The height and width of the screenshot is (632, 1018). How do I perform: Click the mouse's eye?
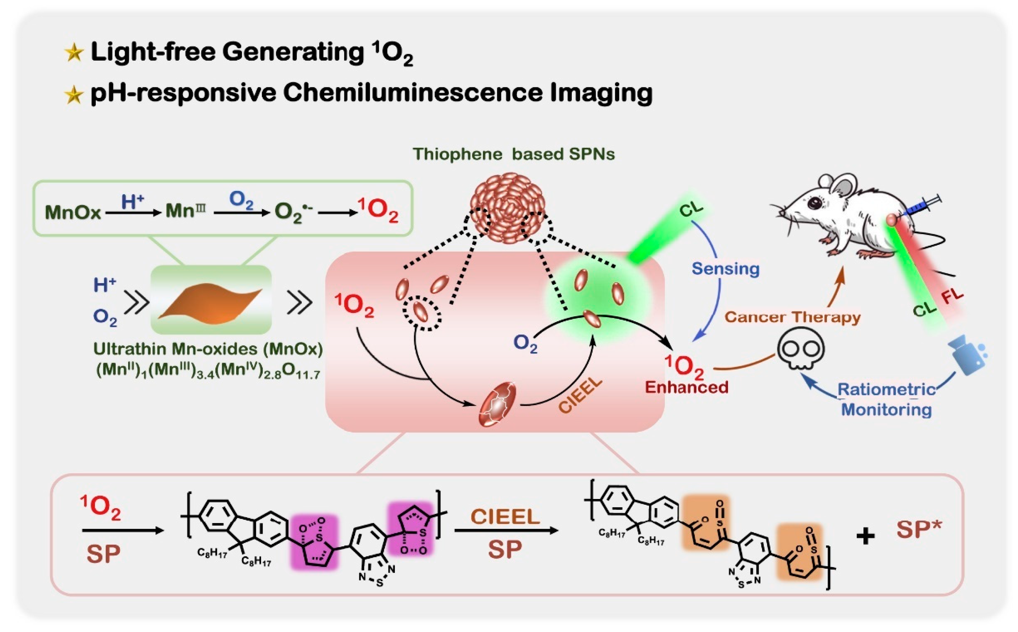pos(814,203)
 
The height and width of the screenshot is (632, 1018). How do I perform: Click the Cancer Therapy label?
pos(792,317)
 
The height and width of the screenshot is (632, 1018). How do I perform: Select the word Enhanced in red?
pos(686,387)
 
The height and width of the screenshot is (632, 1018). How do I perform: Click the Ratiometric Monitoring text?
pos(886,399)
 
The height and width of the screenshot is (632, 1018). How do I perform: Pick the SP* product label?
pos(919,530)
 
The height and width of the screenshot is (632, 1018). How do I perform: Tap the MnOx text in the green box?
pos(73,212)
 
